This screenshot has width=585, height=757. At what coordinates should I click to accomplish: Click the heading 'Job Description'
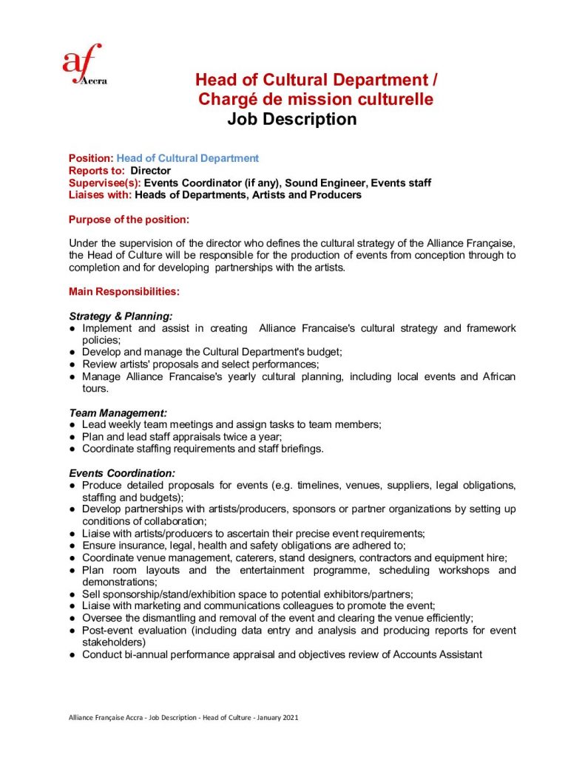[291, 119]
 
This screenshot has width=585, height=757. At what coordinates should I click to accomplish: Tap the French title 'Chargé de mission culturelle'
[315, 99]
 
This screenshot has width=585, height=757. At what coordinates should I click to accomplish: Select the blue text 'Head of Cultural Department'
[188, 158]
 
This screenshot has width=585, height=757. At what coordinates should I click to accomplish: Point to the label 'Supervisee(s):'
[104, 183]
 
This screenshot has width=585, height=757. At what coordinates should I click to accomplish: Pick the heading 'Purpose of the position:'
[129, 220]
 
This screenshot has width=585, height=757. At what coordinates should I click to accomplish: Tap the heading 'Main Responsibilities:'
[124, 291]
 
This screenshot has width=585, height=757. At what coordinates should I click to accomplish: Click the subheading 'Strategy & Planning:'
[121, 316]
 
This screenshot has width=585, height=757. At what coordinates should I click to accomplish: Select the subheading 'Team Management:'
[118, 412]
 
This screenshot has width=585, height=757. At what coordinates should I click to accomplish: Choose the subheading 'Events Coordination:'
[122, 472]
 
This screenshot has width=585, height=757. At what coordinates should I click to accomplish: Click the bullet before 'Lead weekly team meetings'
[72, 425]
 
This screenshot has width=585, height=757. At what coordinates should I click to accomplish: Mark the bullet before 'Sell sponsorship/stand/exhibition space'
[72, 594]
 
